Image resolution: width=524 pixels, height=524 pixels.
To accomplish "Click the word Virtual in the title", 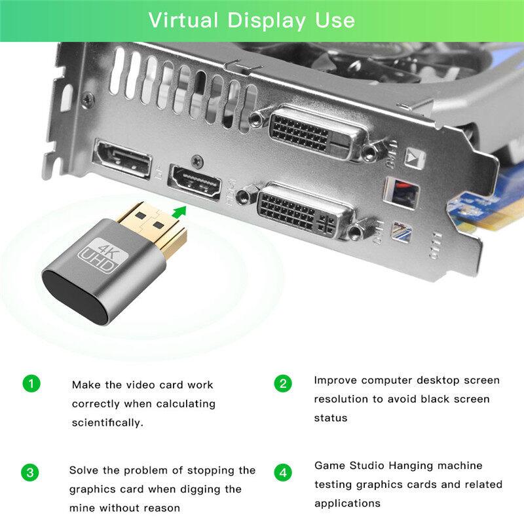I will pyautogui.click(x=184, y=20).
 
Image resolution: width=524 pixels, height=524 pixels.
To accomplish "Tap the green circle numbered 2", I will pyautogui.click(x=282, y=384).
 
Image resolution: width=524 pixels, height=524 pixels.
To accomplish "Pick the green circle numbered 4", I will pyautogui.click(x=282, y=472).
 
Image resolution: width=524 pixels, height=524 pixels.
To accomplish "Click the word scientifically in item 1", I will pyautogui.click(x=107, y=422).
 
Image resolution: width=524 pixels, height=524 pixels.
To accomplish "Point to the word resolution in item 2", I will pyautogui.click(x=341, y=399).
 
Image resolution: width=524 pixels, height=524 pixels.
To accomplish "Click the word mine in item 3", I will pyautogui.click(x=84, y=508).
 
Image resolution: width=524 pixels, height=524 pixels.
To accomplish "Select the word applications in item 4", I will pyautogui.click(x=347, y=503).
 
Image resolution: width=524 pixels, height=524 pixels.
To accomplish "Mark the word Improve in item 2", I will pyautogui.click(x=334, y=380).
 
